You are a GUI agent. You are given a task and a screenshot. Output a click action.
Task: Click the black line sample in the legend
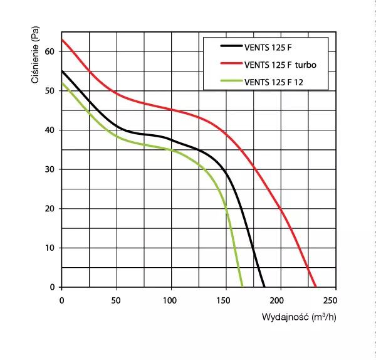pos(230,46)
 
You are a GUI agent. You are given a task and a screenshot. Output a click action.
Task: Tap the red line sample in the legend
pos(230,63)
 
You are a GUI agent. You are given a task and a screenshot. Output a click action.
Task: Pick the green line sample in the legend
pos(230,81)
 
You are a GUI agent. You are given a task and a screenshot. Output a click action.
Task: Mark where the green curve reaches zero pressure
pos(243,287)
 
